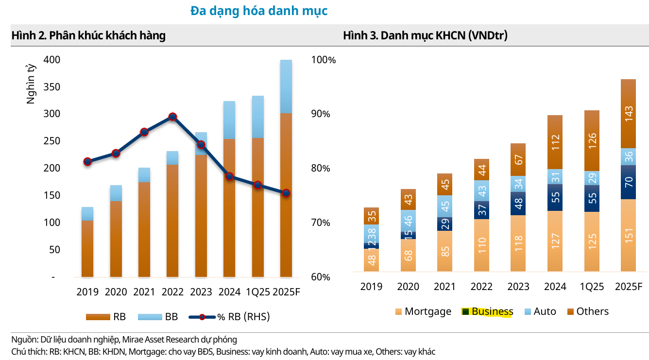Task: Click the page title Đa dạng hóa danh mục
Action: [x=259, y=11]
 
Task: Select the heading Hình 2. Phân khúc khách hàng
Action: [x=88, y=35]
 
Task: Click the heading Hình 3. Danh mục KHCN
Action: [x=425, y=35]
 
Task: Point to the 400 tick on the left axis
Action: [x=51, y=60]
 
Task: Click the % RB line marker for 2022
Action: [x=172, y=117]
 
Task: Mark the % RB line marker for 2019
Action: [x=87, y=161]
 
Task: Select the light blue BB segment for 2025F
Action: [x=286, y=86]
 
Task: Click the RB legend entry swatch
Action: [x=98, y=317]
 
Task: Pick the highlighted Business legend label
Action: [x=492, y=311]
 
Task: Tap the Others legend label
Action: [x=592, y=311]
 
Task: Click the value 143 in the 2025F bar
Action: [x=628, y=115]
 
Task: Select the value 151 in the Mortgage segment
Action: [x=628, y=236]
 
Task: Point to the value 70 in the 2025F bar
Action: [x=628, y=182]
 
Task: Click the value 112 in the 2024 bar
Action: [x=555, y=142]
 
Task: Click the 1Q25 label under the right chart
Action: [x=592, y=287]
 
